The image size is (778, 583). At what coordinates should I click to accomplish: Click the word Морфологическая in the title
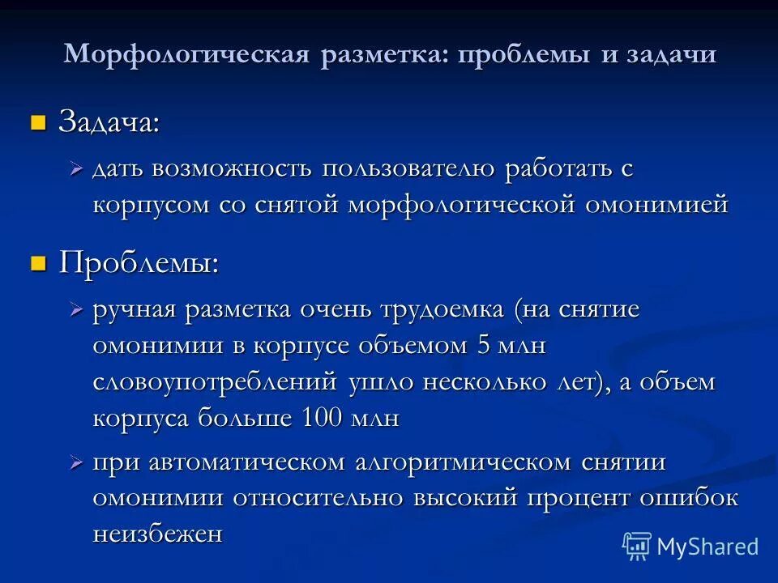coord(187,54)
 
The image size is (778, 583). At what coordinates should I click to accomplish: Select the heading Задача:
coord(109,123)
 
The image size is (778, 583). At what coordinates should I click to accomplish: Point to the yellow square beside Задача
coord(37,123)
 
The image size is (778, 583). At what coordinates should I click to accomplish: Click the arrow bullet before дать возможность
coord(77,169)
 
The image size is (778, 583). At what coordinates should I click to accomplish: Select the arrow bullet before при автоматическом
coord(77,462)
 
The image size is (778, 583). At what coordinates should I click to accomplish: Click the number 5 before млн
coord(485,345)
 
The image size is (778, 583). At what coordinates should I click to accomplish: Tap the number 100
coord(323,419)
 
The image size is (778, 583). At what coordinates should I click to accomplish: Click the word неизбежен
coord(157,534)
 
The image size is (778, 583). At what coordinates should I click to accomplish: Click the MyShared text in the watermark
coord(707,547)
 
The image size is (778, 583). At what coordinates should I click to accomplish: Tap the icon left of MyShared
coord(637,547)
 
